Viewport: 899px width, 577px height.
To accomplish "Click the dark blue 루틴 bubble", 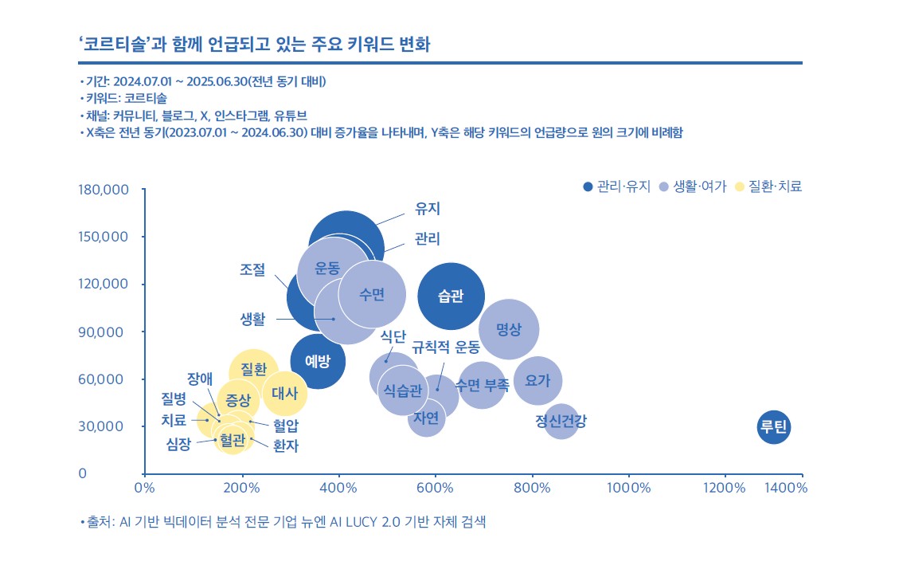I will click(x=773, y=428).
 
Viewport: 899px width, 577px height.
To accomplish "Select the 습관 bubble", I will click(x=451, y=296).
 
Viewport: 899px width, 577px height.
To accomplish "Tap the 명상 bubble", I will click(x=509, y=329).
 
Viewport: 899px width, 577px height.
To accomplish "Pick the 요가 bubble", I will click(x=538, y=381).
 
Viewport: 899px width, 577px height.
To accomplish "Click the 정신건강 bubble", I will click(x=561, y=422).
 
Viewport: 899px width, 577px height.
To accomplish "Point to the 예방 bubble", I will click(x=317, y=362).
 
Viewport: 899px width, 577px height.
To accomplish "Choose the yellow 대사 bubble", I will click(x=284, y=393).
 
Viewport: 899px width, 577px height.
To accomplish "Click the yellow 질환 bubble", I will click(x=253, y=370).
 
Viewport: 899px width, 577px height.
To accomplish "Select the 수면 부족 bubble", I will click(x=482, y=386).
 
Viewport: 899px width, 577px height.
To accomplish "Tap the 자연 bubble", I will click(x=427, y=417).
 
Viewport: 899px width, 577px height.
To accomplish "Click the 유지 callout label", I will click(x=428, y=210).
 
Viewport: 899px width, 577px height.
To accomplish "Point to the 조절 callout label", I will click(x=252, y=269).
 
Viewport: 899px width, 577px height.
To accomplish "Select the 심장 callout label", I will click(x=178, y=445).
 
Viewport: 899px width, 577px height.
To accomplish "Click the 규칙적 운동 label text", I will click(x=445, y=347).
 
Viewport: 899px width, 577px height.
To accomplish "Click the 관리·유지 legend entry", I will click(x=616, y=186).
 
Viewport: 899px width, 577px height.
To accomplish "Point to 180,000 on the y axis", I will click(x=104, y=190).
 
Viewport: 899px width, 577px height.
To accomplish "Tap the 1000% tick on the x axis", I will click(x=628, y=487).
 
